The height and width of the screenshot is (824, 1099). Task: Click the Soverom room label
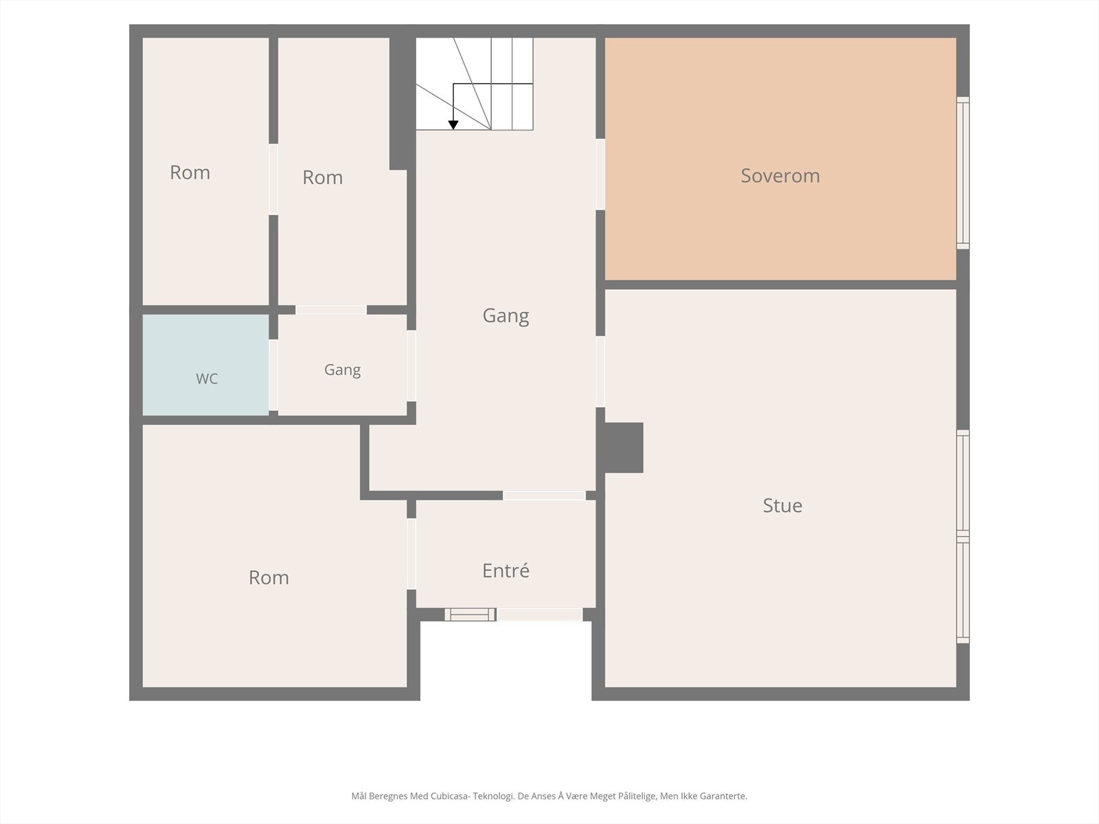780,176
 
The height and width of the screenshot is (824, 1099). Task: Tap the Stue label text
782,505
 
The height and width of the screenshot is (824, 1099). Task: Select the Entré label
506,571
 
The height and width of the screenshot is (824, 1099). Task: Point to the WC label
207,379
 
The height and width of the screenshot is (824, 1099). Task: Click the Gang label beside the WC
343,369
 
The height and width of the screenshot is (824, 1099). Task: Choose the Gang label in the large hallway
506,316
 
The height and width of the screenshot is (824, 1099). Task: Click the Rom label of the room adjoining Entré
269,578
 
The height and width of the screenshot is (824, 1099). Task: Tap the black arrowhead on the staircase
453,125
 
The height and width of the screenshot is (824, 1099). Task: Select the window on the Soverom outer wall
963,172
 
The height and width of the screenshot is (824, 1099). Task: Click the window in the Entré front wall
470,615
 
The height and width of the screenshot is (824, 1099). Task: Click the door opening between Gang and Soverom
600,174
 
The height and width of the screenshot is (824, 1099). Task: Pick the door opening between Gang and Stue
600,371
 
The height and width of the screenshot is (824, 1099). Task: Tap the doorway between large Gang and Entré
544,495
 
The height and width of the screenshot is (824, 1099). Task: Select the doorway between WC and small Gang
273,375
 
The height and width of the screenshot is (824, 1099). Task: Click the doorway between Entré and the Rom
411,554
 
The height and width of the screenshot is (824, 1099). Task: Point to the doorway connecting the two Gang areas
411,366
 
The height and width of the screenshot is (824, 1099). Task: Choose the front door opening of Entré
540,615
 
